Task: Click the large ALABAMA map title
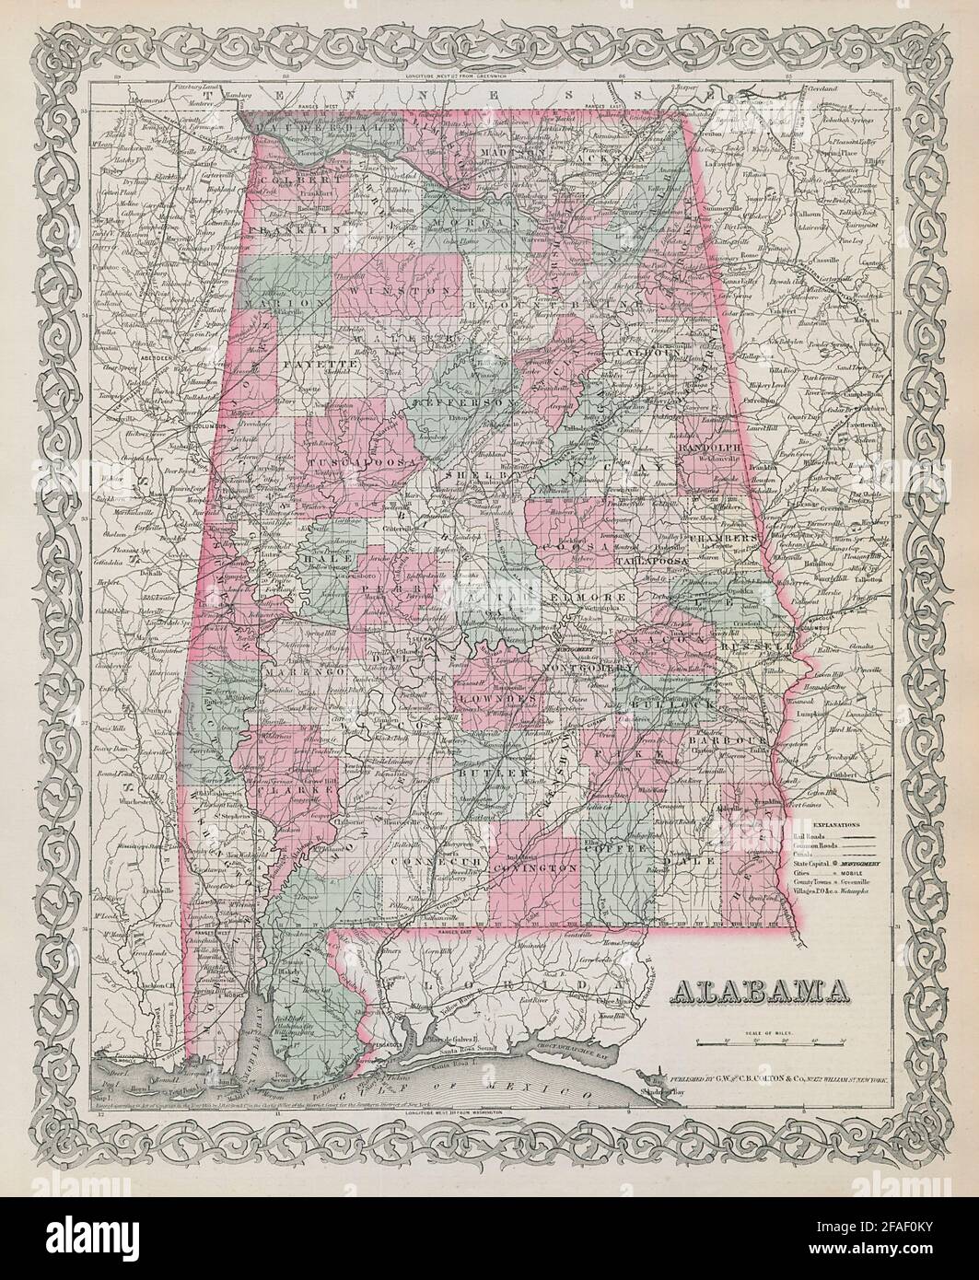pos(763,991)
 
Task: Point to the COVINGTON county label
pos(533,867)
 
